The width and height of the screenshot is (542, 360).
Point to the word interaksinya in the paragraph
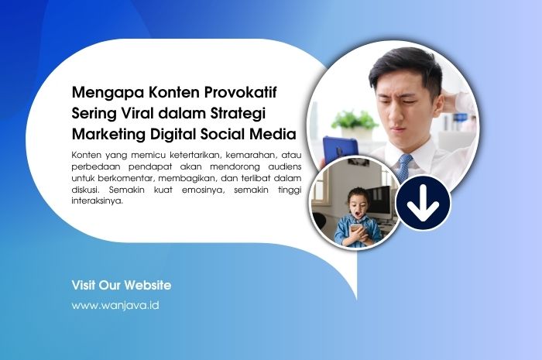(96, 201)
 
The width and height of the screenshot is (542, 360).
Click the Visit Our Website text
(122, 285)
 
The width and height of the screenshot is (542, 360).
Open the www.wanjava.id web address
(115, 305)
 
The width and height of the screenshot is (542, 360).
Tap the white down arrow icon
(424, 207)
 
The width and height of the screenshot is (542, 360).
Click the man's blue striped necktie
(404, 166)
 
